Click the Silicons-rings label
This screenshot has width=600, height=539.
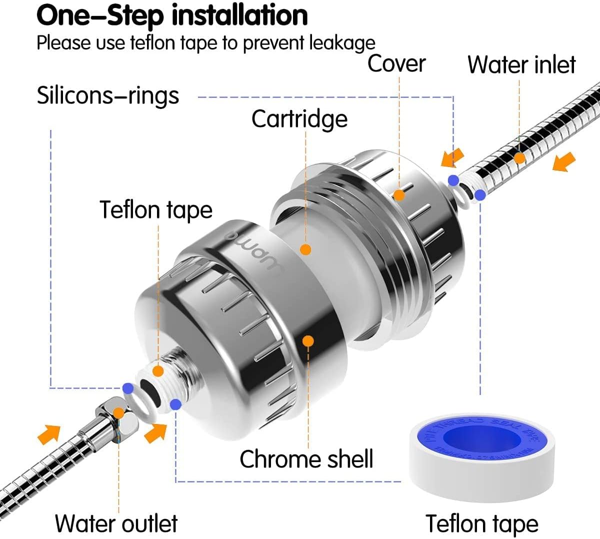coord(107,95)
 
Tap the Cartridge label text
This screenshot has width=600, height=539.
coord(299,119)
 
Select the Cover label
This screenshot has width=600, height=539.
coord(396,64)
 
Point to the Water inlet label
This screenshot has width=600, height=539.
coord(521,65)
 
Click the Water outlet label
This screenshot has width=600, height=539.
coord(116,523)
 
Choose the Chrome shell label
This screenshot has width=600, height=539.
coord(306,458)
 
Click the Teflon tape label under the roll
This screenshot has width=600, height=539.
coord(482,523)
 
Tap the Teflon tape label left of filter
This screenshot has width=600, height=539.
coord(155,209)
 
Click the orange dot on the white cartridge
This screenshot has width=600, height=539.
coord(306,249)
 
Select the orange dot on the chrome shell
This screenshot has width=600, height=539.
coord(308,341)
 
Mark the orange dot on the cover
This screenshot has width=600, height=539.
coord(398,194)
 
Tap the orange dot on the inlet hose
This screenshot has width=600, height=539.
coord(519,158)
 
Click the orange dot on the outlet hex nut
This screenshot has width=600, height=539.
coord(118,413)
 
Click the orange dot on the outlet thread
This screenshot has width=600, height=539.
coord(158,371)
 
